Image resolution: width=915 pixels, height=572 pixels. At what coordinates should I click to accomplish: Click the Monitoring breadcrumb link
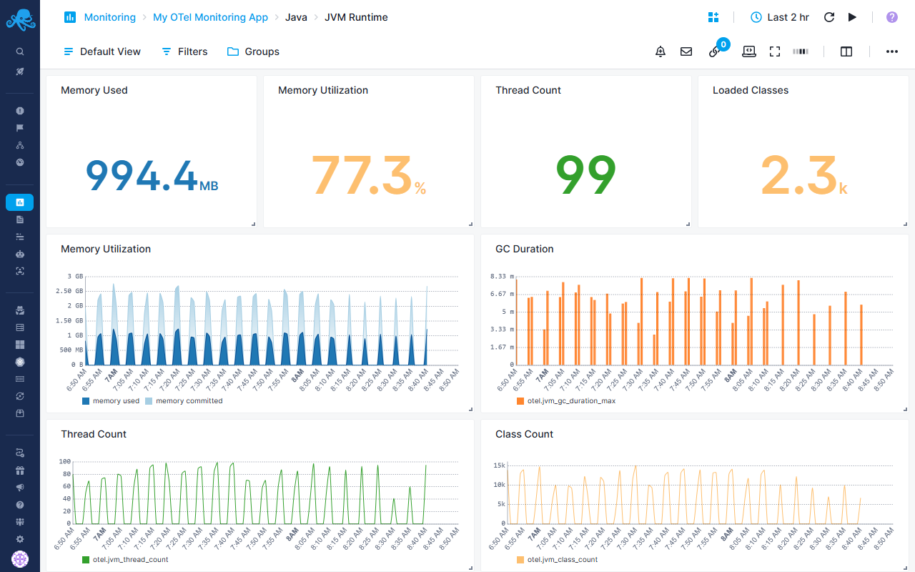tap(109, 17)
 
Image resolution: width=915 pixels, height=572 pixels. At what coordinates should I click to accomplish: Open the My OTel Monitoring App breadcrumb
tap(210, 17)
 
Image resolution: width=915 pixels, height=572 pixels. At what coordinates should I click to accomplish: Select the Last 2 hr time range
tap(780, 17)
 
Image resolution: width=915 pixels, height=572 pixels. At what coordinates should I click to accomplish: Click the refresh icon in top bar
tap(829, 17)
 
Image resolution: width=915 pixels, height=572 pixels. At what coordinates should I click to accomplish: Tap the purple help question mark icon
tap(892, 17)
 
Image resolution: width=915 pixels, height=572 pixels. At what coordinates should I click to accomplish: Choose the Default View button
tap(102, 51)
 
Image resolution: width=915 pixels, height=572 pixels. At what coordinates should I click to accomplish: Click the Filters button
tap(184, 51)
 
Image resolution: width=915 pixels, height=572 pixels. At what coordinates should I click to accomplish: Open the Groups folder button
tap(253, 51)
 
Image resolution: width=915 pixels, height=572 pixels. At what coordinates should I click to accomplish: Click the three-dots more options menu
tap(892, 51)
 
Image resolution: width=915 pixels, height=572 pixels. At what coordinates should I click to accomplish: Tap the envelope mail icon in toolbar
tap(686, 51)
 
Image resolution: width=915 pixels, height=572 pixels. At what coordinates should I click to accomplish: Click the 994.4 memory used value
tap(142, 175)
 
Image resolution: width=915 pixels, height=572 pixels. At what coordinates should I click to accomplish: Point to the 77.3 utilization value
tap(362, 175)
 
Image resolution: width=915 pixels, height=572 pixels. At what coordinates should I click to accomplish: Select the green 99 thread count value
tap(585, 175)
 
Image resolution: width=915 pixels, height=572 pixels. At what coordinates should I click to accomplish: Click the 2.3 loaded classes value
tap(798, 175)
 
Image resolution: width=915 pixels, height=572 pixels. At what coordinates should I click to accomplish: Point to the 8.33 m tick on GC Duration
tap(498, 276)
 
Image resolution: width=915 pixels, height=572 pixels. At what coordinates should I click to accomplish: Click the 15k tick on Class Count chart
tap(499, 465)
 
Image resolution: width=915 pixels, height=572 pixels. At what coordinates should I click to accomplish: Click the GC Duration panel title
tap(524, 249)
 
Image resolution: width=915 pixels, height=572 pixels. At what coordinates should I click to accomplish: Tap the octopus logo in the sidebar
tap(20, 19)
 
